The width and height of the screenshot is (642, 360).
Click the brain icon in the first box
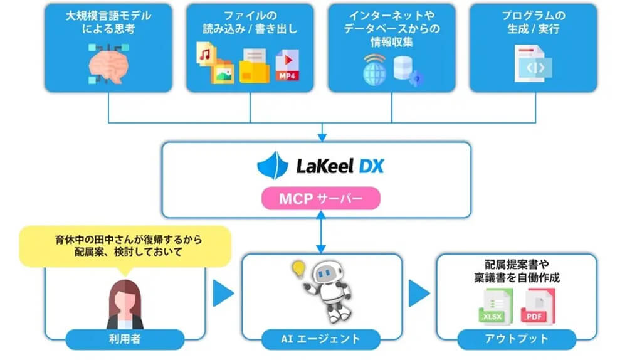click(x=108, y=64)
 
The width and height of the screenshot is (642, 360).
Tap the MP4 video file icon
click(x=288, y=65)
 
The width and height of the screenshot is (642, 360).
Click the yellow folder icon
click(x=253, y=66)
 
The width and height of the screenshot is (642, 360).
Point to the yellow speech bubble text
click(x=125, y=245)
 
